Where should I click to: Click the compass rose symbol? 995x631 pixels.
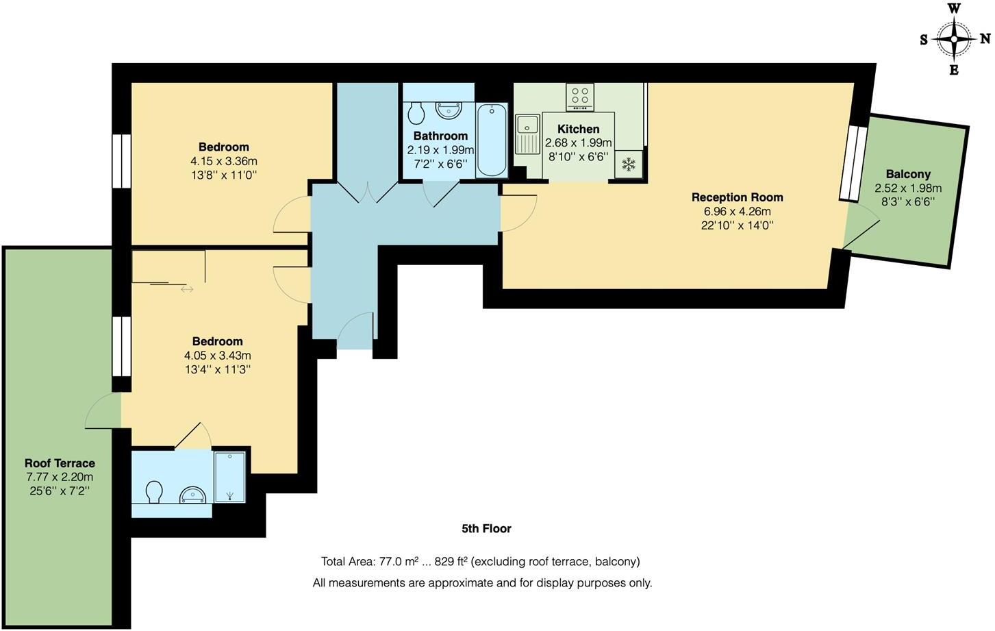point(954,38)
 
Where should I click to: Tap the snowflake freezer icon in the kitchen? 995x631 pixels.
point(628,164)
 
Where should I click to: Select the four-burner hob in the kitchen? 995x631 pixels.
point(580,97)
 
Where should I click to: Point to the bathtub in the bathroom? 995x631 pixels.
point(492,140)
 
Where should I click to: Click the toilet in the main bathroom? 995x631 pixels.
point(416,112)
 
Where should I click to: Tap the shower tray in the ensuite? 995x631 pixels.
point(230,477)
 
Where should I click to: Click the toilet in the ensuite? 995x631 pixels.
point(155,491)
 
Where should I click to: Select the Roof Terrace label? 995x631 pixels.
point(60,463)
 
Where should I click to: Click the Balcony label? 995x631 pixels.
point(908,174)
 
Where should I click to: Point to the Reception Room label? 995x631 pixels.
point(737,197)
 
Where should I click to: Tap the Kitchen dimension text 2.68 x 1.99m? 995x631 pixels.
point(578,143)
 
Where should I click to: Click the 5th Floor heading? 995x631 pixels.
point(486,528)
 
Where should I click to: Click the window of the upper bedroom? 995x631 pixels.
point(122,161)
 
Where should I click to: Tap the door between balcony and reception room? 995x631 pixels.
point(861,229)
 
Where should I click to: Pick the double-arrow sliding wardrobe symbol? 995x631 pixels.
point(187,289)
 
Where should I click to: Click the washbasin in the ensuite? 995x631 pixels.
point(192,495)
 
